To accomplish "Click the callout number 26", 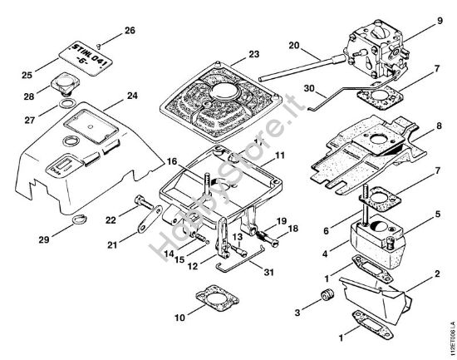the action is (x=130, y=30).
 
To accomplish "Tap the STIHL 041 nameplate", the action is (x=86, y=58).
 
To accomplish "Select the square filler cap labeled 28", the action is (x=63, y=84).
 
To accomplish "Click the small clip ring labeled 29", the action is (x=79, y=219).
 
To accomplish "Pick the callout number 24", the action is (x=132, y=96).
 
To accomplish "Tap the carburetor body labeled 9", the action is (x=375, y=52).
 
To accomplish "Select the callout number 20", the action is (x=294, y=46).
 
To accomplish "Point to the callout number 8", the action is (x=439, y=126).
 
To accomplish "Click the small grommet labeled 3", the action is (x=327, y=295).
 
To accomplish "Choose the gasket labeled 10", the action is (x=217, y=298).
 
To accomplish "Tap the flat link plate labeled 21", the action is (x=150, y=219).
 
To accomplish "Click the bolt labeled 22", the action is (x=145, y=202).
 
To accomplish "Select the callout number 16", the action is (x=172, y=161).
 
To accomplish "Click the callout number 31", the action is (x=268, y=272).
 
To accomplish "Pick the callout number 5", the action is (x=438, y=215).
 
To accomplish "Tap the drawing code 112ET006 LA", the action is (x=452, y=338).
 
